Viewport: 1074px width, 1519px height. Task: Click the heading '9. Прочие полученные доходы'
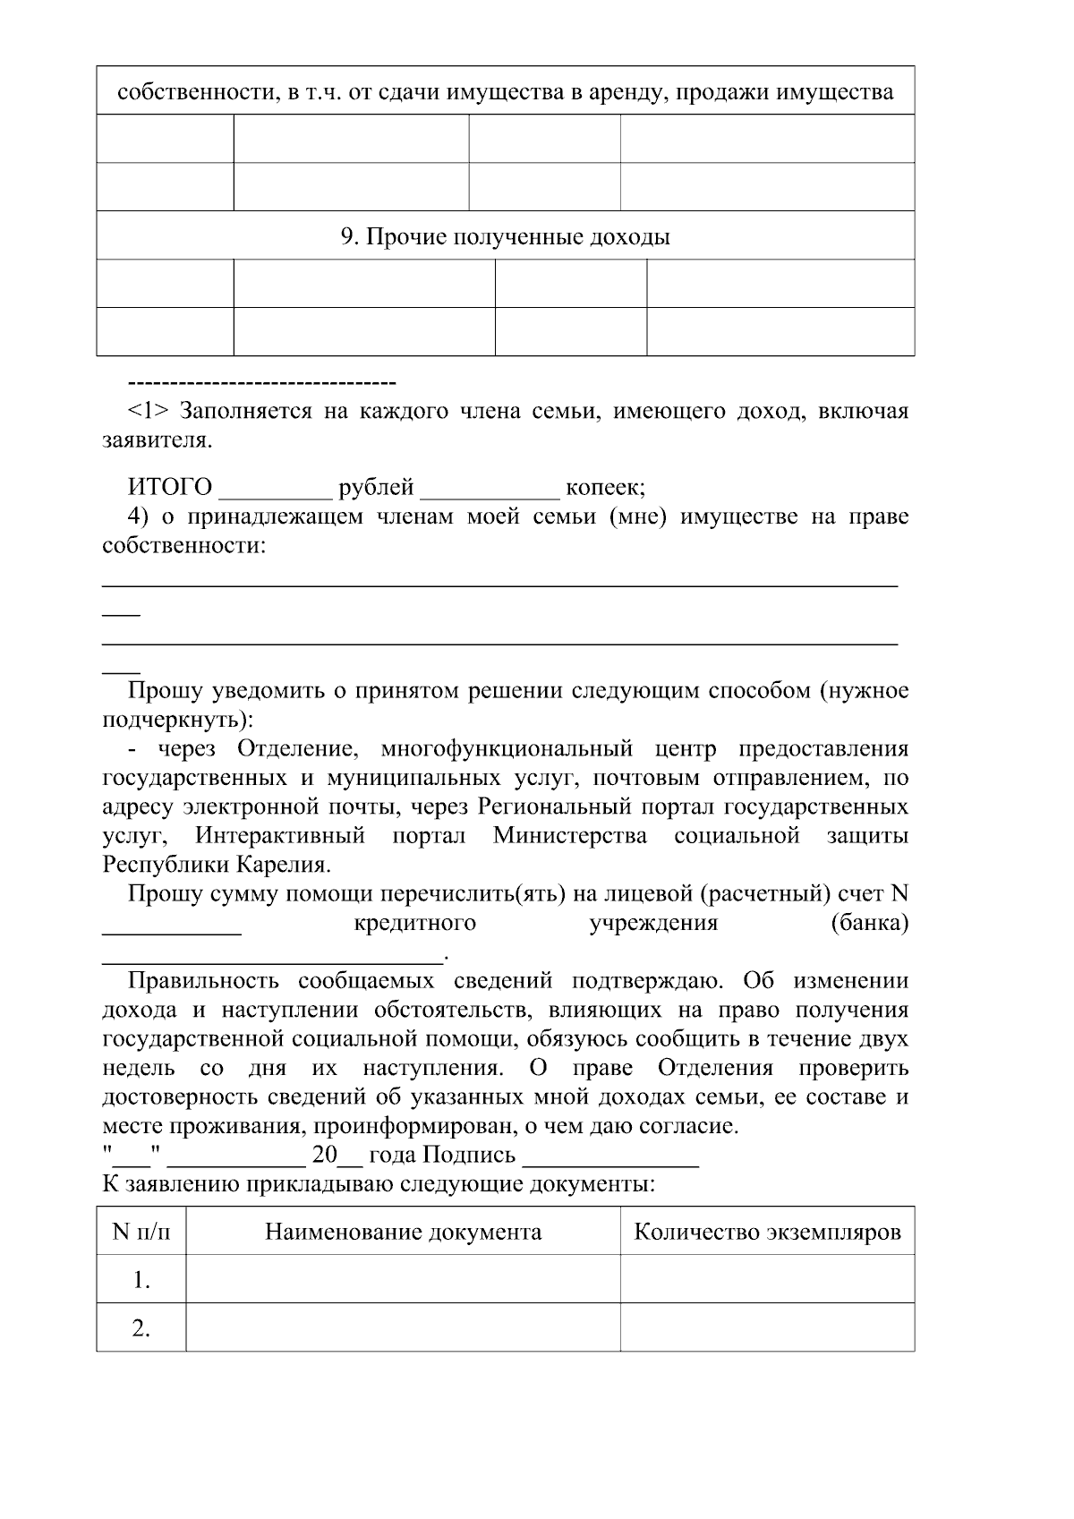tap(505, 236)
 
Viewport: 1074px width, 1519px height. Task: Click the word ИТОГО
tap(170, 487)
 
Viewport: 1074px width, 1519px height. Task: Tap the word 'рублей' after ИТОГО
tap(376, 487)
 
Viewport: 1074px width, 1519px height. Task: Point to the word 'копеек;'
tap(605, 487)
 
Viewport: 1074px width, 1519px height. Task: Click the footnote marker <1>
tap(148, 411)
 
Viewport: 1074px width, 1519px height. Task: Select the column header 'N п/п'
tap(141, 1232)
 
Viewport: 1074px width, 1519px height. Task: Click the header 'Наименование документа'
tap(403, 1232)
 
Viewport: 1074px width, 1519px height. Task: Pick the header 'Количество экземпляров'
tap(767, 1232)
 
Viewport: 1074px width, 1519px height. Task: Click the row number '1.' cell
tap(141, 1280)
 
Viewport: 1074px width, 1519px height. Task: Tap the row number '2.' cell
tap(141, 1328)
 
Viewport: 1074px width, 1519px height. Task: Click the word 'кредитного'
tap(414, 922)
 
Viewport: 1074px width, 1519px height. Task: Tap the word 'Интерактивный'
tap(280, 836)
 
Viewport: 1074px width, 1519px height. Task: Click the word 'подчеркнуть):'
tap(177, 720)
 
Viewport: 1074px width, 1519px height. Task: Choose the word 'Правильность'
tap(205, 980)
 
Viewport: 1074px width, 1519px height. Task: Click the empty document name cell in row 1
tap(403, 1280)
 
